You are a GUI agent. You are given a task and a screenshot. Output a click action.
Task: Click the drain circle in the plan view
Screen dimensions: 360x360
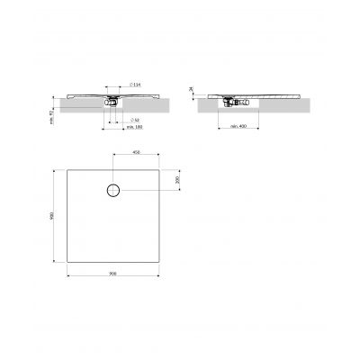click(113, 190)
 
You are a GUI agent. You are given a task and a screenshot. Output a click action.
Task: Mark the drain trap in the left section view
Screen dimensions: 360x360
click(112, 102)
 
